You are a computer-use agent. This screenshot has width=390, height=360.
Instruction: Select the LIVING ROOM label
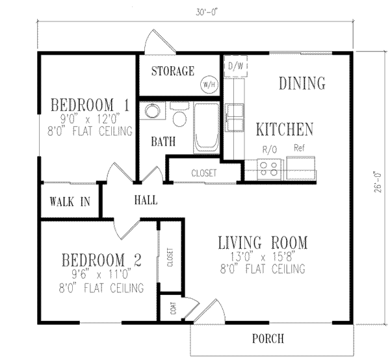262,243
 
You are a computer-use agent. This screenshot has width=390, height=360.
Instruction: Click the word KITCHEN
284,129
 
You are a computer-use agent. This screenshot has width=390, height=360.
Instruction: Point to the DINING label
302,83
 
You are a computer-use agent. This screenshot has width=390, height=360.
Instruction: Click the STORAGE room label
173,71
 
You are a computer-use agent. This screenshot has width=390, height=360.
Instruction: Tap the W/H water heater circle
209,84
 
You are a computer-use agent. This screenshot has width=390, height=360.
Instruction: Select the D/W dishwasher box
234,66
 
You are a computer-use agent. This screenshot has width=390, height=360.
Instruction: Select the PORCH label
268,339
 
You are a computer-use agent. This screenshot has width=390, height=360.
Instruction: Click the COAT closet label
173,308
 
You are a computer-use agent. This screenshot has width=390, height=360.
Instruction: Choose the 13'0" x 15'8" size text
262,256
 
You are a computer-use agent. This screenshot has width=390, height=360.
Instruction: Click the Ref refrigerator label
300,148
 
